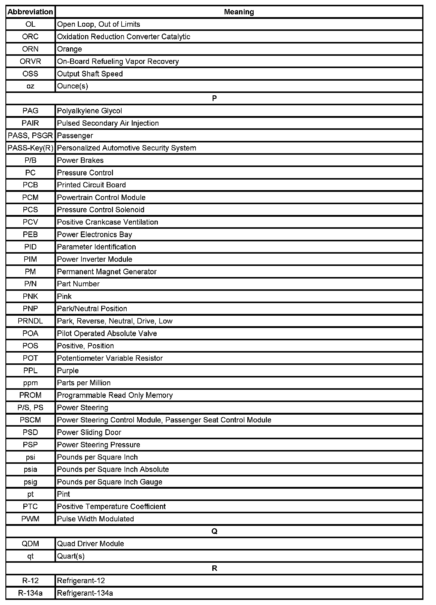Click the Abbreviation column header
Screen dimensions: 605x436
pos(30,12)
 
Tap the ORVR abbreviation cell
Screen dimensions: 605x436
pos(30,61)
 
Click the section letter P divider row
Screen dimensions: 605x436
pos(214,98)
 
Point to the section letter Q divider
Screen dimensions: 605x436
pos(214,531)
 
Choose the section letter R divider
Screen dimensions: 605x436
pos(214,568)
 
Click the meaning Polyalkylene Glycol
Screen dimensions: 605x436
pos(90,111)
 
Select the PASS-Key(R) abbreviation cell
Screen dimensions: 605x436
pos(30,148)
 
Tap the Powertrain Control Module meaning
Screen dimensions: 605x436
pos(101,198)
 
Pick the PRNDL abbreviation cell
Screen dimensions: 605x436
pos(30,321)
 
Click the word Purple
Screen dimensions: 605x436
pos(68,371)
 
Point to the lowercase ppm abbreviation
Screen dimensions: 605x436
pos(30,383)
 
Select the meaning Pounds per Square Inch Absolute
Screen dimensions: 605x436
pos(113,469)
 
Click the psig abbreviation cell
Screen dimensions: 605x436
pos(30,482)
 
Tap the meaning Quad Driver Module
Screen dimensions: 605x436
pos(90,544)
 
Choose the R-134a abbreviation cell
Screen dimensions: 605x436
pos(30,593)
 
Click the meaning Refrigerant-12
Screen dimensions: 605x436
pos(81,581)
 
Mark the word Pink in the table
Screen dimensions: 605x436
pos(64,297)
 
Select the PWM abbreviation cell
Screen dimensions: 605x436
pos(30,519)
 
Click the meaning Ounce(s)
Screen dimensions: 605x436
pos(72,86)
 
